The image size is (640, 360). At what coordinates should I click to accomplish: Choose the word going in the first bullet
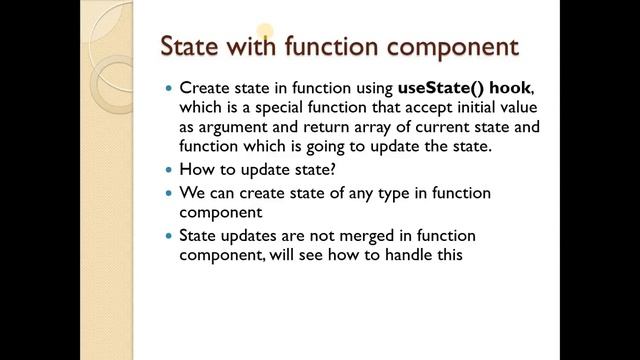322,146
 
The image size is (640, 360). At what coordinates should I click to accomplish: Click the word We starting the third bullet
192,193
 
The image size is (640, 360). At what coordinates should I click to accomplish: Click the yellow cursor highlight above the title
264,32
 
